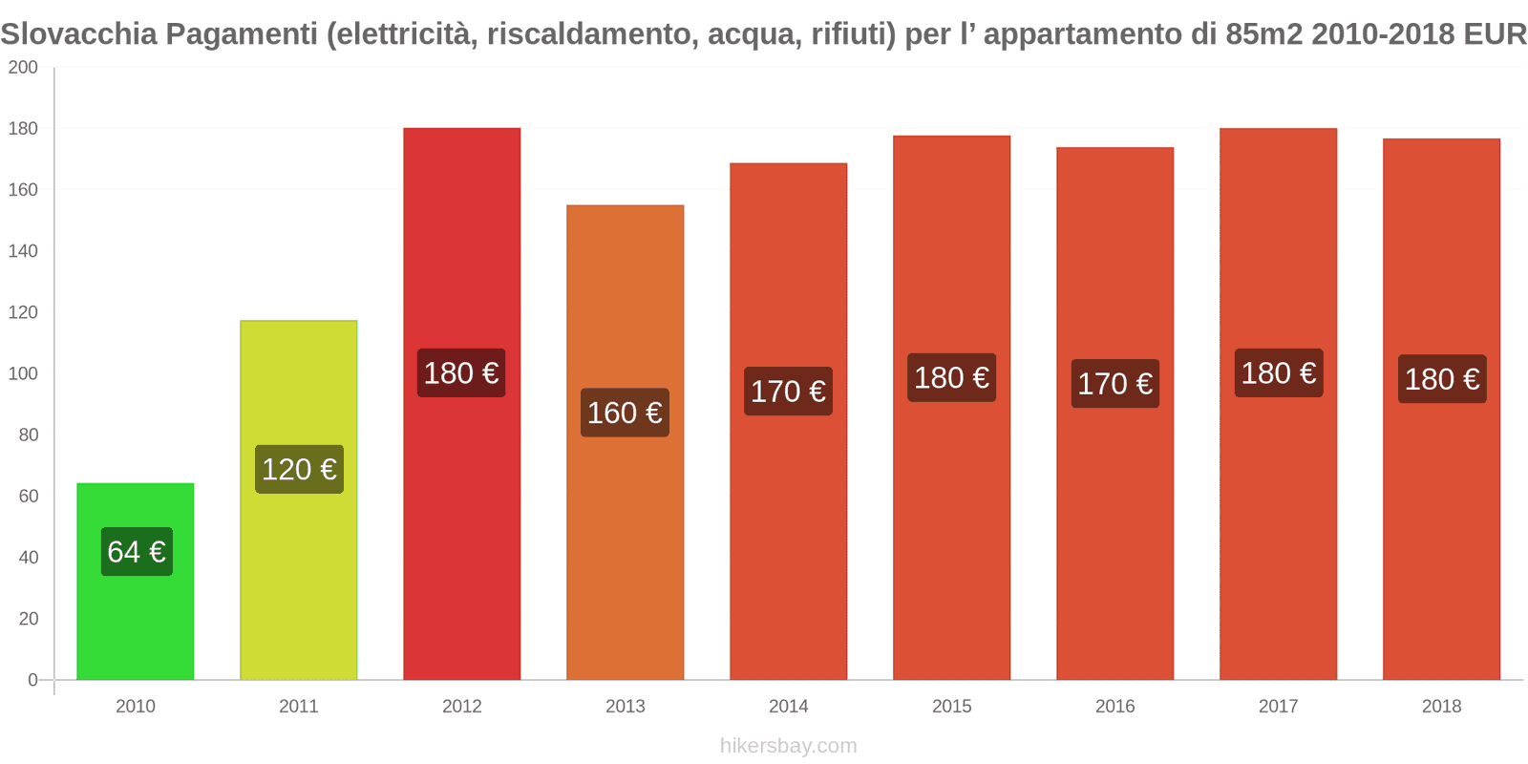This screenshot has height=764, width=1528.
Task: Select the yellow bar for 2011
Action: tap(298, 573)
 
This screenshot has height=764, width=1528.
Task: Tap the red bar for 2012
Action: tap(461, 525)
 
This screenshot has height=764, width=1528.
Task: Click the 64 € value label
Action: tap(137, 552)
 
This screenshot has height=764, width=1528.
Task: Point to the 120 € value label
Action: tap(299, 470)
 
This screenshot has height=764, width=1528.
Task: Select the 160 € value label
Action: tap(625, 413)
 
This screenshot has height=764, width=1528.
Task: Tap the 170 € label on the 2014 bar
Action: tap(788, 392)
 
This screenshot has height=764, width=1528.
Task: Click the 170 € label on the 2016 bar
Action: tap(1114, 384)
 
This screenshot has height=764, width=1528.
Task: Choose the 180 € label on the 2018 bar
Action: tap(1442, 379)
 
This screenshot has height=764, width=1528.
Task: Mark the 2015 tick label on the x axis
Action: tap(951, 707)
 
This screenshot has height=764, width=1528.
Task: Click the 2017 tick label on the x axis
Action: tap(1278, 707)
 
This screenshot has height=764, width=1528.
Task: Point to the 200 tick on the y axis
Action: tap(23, 68)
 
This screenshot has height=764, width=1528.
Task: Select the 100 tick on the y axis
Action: tap(23, 373)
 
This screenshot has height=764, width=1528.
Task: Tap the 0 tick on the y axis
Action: tap(32, 680)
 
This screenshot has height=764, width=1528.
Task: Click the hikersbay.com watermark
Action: tap(788, 746)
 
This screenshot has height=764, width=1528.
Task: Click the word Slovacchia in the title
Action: tap(78, 34)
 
